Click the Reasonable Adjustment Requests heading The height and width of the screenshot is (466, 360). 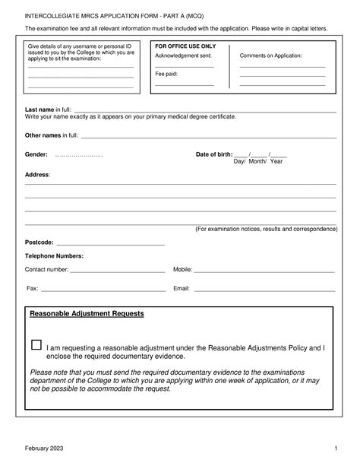coord(86,313)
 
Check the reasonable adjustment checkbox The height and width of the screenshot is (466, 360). coord(36,345)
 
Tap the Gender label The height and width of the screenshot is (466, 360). coord(36,154)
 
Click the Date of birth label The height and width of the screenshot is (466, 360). coord(214,154)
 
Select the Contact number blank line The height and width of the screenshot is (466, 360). coord(118,271)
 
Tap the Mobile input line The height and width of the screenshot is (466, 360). coord(265,271)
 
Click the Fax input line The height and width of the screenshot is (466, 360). coord(103,290)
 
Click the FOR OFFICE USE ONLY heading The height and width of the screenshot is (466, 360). coord(185,46)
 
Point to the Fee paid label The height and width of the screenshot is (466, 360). coord(166,74)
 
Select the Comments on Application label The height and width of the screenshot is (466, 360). coord(270,56)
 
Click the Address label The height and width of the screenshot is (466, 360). coord(37,175)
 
